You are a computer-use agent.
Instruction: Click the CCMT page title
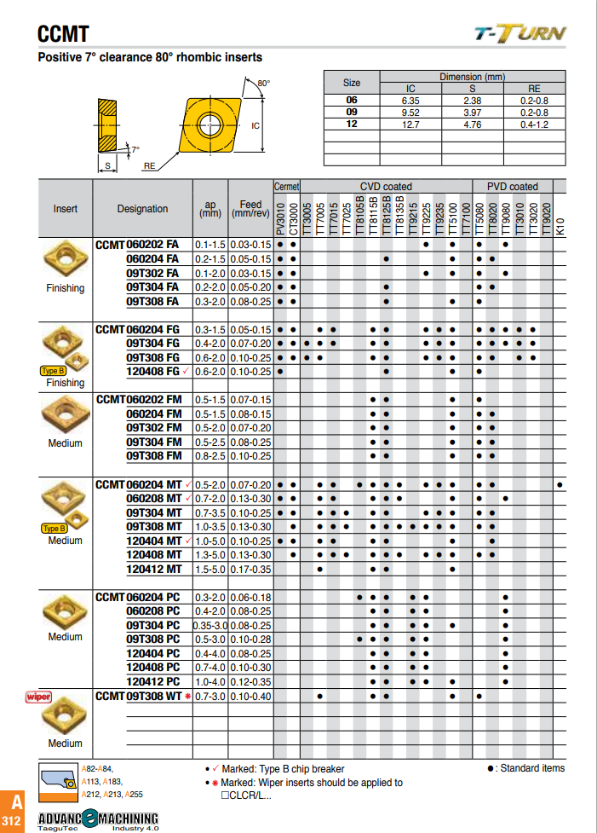63,34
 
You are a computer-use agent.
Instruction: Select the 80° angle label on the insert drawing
263,84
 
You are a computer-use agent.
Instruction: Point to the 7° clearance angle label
135,149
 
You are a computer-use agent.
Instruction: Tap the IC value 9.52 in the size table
410,113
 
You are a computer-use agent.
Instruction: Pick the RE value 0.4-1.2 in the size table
534,124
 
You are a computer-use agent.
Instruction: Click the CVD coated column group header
385,186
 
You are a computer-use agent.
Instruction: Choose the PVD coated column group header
513,186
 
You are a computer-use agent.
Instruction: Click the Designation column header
142,209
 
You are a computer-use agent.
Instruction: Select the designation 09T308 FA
152,301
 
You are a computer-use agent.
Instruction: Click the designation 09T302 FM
153,427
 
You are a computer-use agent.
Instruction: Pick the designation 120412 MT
153,569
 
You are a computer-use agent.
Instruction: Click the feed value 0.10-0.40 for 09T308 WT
251,697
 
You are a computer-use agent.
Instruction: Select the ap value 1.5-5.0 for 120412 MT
210,569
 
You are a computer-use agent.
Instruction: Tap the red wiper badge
38,697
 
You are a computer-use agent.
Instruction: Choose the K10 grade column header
560,227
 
